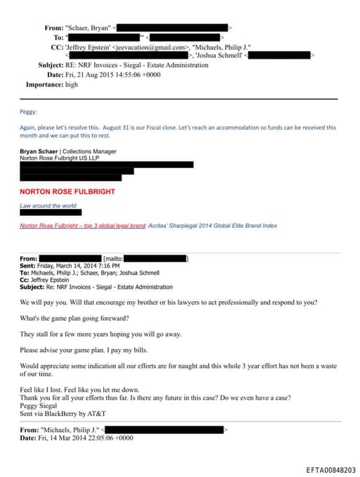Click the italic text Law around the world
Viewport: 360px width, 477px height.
pyautogui.click(x=47, y=205)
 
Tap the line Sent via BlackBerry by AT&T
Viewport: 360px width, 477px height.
pyautogui.click(x=60, y=413)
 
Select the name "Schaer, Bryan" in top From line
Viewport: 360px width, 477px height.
pyautogui.click(x=89, y=27)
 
